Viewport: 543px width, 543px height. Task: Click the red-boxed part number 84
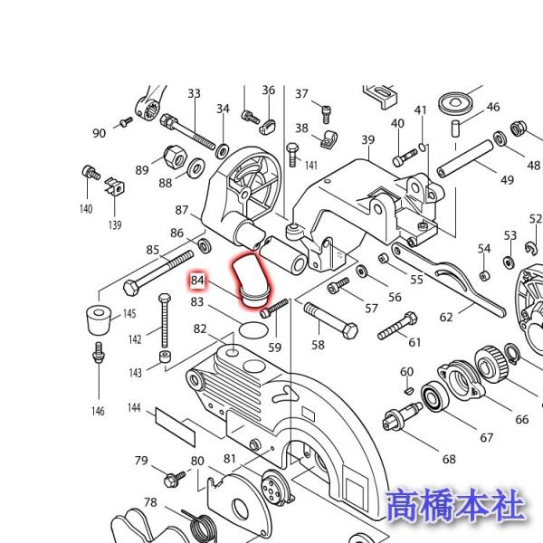(198, 281)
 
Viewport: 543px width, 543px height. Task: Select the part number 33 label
(194, 93)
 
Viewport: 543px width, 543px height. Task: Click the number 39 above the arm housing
(367, 139)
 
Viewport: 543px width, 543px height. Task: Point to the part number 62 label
(446, 318)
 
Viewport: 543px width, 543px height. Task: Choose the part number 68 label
(449, 459)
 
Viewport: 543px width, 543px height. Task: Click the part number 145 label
(129, 313)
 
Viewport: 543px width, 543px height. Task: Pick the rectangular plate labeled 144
(174, 425)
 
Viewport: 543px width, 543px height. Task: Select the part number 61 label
(414, 342)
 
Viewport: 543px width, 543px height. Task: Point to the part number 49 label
(507, 179)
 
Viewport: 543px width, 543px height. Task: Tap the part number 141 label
(310, 165)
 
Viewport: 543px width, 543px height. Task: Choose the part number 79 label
(141, 461)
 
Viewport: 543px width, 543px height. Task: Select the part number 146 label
(97, 411)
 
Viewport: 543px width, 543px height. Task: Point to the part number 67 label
(488, 438)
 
